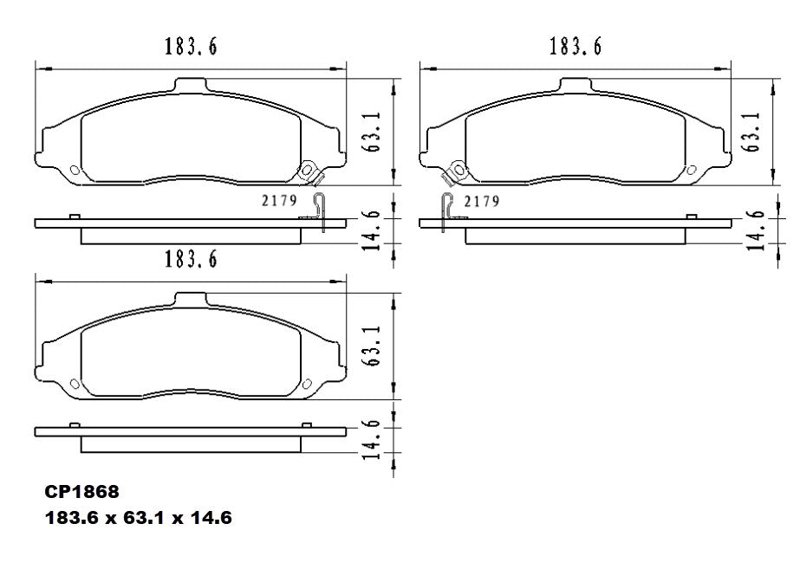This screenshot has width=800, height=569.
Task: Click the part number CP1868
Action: (81, 491)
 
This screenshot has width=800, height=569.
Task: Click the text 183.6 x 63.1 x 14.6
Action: (139, 518)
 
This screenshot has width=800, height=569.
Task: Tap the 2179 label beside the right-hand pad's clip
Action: (481, 201)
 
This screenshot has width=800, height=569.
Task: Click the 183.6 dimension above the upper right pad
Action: (575, 47)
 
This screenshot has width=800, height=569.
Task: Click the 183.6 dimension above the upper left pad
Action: (191, 47)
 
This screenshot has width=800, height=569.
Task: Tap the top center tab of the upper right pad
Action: (576, 84)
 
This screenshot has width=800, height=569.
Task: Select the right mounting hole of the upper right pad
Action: (691, 168)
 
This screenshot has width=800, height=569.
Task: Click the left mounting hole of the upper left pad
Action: (74, 169)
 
